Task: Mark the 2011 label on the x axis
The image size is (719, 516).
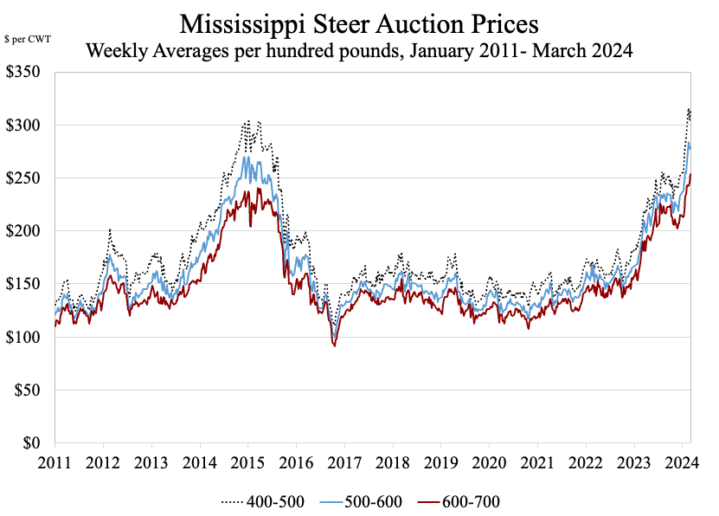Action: (55, 461)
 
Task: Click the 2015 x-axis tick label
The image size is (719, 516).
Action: (247, 461)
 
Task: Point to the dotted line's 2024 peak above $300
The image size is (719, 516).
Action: (689, 109)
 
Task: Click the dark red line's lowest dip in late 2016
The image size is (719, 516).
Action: (335, 345)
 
